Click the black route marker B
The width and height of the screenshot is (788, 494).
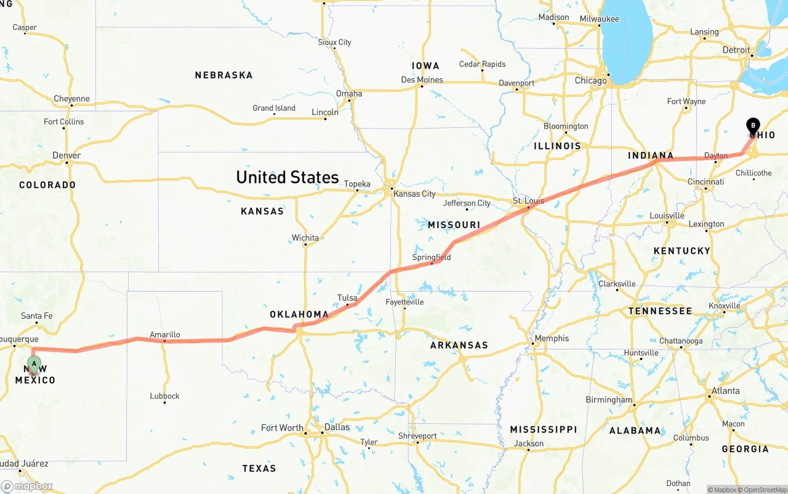coord(753,125)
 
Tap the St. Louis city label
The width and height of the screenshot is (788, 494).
coord(528,201)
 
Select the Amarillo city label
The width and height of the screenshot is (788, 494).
coord(165,335)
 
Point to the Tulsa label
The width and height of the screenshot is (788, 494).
coord(347,298)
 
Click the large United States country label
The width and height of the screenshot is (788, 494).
coord(287,177)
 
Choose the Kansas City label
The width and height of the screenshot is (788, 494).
coord(414,194)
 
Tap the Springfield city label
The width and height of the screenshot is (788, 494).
coord(432,257)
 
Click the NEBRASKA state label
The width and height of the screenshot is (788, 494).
coord(223,75)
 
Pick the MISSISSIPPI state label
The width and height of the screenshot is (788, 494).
coord(544,429)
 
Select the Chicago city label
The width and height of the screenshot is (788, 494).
coord(590,81)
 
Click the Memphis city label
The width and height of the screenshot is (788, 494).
coord(552,338)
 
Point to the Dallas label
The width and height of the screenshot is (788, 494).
coord(337,427)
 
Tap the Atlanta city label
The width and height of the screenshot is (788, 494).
coord(726,391)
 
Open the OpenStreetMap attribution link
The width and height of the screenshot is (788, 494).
coord(763,490)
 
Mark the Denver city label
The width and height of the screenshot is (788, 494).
coord(66,155)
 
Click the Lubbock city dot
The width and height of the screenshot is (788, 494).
coord(164,402)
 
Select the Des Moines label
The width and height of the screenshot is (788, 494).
coord(422,79)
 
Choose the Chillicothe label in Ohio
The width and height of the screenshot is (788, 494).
coord(754,173)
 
